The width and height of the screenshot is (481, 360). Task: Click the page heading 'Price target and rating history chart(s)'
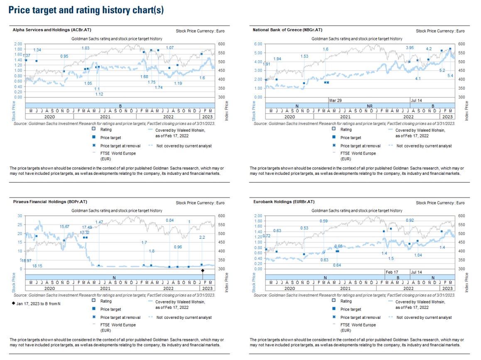86,10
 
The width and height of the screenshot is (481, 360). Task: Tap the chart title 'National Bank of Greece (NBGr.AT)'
287,30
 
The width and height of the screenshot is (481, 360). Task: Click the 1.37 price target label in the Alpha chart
26,56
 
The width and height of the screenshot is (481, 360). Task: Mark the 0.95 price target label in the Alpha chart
64,56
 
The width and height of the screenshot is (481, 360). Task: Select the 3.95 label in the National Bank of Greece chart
410,48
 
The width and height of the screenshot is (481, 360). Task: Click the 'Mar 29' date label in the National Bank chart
335,100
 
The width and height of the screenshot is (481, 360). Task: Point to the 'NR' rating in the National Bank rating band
370,106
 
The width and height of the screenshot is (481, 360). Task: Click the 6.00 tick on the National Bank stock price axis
258,44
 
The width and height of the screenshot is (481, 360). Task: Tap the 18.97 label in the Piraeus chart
27,260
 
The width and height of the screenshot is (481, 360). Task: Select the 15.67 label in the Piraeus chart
64,226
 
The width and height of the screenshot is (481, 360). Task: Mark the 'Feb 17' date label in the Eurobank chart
392,272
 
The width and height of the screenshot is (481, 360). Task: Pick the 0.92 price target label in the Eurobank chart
410,220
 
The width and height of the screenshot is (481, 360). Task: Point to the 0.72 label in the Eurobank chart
267,236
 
